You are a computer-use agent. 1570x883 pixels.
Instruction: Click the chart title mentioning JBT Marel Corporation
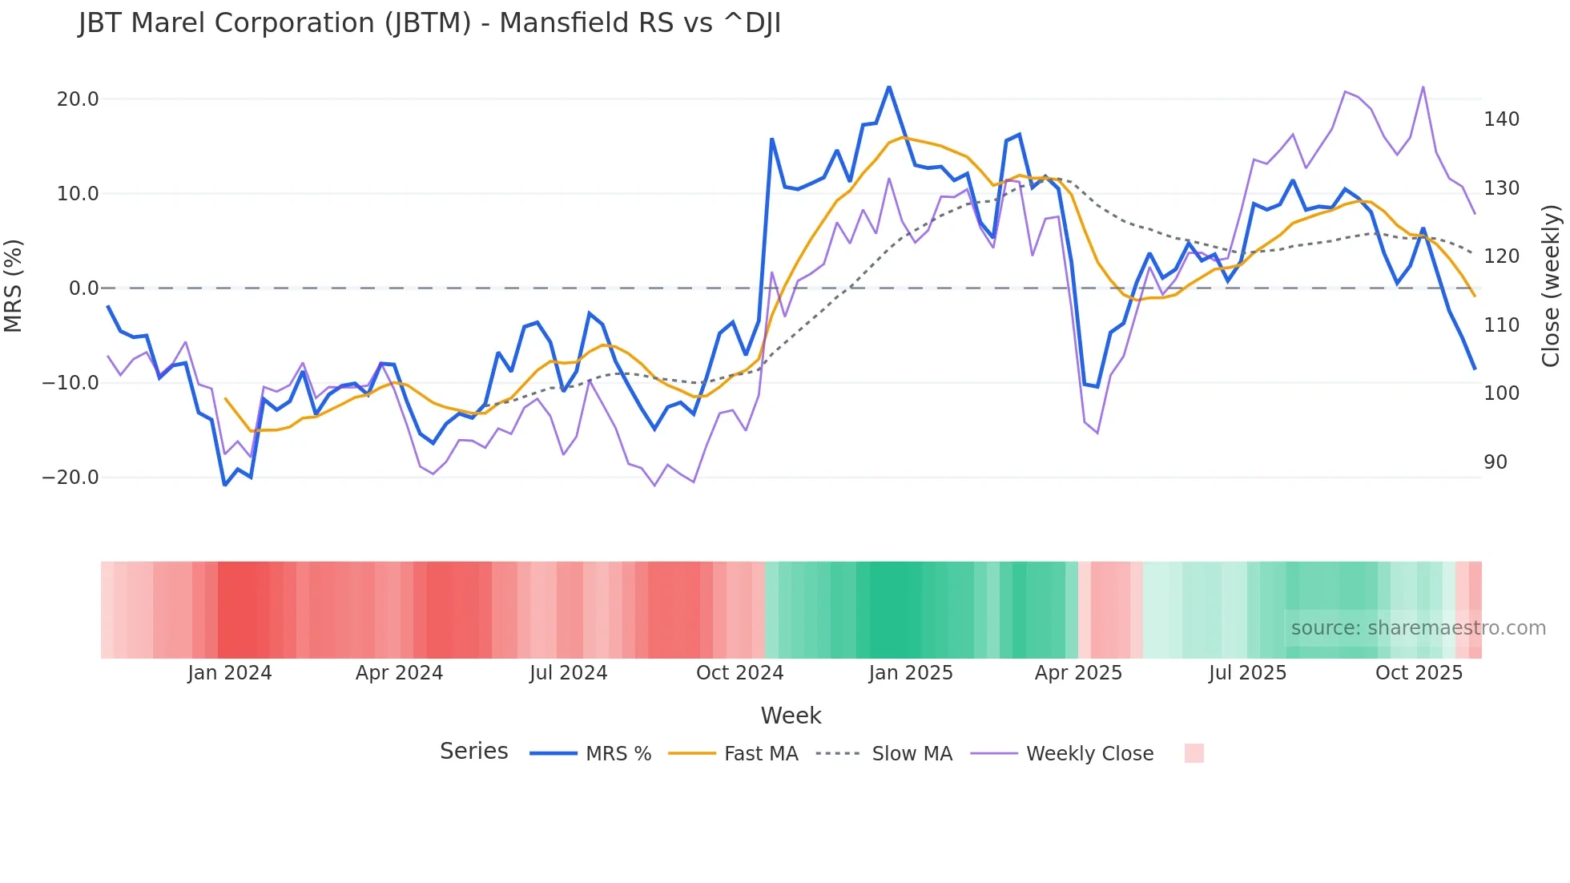coord(429,23)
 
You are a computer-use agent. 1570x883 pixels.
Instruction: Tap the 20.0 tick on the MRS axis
coord(78,99)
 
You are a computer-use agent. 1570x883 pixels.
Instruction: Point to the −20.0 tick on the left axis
coord(70,478)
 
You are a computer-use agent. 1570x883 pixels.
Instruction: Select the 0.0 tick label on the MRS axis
coord(83,288)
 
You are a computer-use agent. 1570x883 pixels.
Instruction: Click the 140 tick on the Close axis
coord(1501,119)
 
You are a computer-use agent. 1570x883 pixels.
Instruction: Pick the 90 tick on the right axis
coord(1496,462)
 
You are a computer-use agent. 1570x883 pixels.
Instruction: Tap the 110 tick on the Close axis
coord(1501,325)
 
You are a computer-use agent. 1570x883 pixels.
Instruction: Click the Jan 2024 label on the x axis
coord(230,673)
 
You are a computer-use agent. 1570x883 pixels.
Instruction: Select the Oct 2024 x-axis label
coord(739,673)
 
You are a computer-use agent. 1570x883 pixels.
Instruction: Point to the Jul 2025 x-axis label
coord(1247,673)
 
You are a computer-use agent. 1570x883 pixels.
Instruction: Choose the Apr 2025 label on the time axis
coord(1078,673)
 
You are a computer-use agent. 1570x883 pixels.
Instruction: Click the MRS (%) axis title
coord(14,286)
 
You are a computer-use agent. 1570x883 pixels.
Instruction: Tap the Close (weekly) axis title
coord(1551,286)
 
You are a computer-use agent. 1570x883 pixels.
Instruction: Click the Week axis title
coord(791,716)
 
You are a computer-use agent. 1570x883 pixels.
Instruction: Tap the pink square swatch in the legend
coord(1194,753)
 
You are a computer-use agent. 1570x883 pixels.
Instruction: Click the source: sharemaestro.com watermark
coord(1418,628)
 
